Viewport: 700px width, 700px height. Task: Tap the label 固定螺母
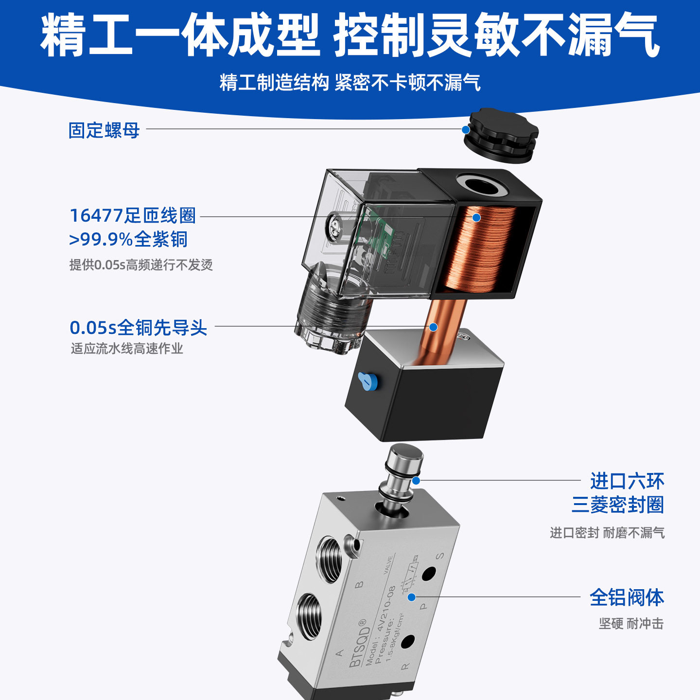click(104, 130)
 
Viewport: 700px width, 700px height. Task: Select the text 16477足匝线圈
click(133, 215)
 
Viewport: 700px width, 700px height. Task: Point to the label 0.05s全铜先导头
click(138, 327)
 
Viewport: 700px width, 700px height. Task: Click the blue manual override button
click(367, 382)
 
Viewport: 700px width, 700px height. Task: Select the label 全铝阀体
click(627, 597)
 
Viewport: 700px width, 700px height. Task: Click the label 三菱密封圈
click(618, 505)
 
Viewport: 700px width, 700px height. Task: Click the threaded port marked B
click(329, 559)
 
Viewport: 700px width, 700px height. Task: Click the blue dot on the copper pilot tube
click(433, 327)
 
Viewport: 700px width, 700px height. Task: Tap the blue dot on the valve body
click(412, 597)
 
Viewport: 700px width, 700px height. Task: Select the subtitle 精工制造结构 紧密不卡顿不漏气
click(350, 82)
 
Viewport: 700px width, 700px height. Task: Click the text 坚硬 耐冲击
click(631, 624)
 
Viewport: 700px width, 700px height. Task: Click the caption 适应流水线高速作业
click(127, 349)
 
